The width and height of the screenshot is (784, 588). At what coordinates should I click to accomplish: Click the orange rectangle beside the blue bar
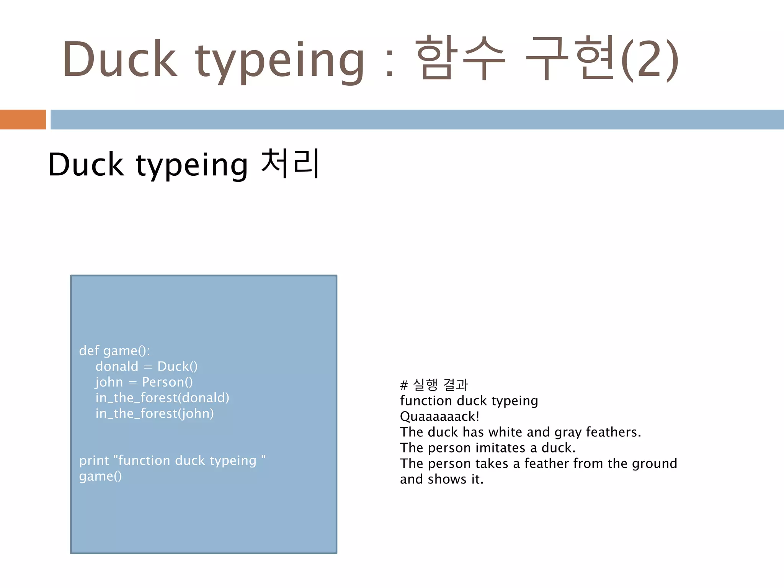[23, 119]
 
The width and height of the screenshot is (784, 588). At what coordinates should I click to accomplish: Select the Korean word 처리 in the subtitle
[290, 164]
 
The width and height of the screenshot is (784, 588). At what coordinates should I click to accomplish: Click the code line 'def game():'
[114, 351]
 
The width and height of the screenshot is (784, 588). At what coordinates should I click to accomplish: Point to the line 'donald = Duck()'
[147, 366]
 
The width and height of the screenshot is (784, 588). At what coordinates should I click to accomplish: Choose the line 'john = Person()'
[144, 382]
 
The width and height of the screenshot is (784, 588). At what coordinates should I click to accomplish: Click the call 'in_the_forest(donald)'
[162, 398]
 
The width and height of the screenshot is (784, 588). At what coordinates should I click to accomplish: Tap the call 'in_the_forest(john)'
[155, 413]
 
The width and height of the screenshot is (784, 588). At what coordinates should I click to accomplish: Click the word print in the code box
[94, 461]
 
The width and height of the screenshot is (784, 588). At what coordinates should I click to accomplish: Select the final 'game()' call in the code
[100, 476]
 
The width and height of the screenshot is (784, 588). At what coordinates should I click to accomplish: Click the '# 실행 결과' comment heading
[434, 385]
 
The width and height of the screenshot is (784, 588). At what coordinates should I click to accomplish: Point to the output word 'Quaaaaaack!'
[439, 416]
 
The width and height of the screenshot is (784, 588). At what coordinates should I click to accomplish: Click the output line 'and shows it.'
[442, 479]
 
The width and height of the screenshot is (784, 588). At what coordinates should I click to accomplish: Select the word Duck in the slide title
[120, 59]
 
